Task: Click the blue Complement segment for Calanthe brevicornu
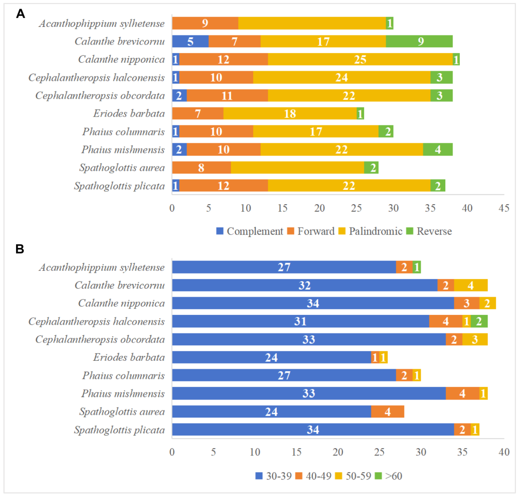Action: click(x=190, y=41)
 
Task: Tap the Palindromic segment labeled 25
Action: click(x=360, y=59)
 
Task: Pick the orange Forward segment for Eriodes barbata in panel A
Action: click(x=198, y=114)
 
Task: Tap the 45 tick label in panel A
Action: click(x=504, y=208)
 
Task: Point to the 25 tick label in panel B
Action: click(x=379, y=452)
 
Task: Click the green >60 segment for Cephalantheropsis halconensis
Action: click(x=479, y=321)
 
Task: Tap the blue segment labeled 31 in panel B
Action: click(x=300, y=321)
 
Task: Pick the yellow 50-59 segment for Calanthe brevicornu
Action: click(x=470, y=285)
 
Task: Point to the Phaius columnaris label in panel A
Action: click(x=123, y=132)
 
